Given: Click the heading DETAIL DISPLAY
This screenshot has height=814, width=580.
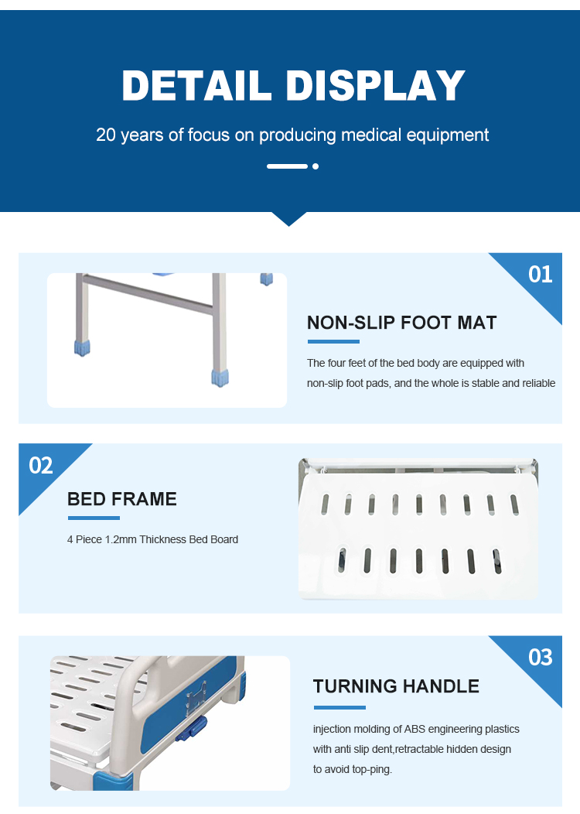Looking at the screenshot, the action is click(293, 85).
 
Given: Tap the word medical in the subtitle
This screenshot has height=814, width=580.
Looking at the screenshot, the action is click(371, 135).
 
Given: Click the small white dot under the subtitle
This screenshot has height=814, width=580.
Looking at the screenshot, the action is click(316, 166).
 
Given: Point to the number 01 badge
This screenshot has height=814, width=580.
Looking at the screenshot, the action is click(540, 274).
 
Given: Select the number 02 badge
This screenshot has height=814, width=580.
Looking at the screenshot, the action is click(41, 465).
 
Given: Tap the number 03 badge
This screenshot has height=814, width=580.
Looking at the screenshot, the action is click(540, 657).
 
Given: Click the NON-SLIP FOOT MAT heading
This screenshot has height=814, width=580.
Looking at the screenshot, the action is click(401, 323).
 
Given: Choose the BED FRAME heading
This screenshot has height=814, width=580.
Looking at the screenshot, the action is click(122, 499).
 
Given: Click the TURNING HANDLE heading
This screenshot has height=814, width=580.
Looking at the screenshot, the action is click(396, 686).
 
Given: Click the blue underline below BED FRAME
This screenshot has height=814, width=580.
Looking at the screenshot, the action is click(94, 518).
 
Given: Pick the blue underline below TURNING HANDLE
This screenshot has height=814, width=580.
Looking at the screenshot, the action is click(339, 707).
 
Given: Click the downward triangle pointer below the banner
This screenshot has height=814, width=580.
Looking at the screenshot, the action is click(289, 218).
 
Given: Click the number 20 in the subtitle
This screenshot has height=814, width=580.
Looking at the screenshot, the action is click(106, 135).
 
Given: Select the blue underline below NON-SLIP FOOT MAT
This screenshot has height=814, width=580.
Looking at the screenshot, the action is click(333, 341).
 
